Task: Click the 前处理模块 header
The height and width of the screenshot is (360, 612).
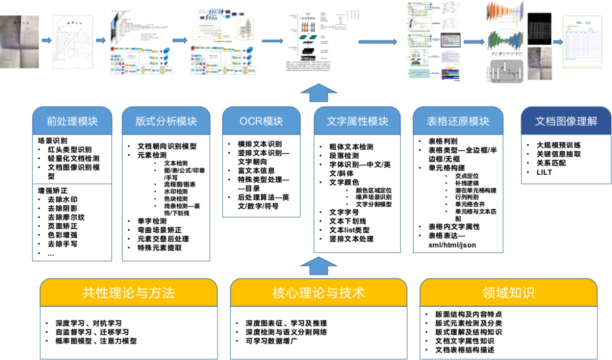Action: [72, 121]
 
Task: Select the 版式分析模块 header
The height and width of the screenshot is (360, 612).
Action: [166, 121]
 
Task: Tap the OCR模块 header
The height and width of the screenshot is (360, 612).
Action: [261, 121]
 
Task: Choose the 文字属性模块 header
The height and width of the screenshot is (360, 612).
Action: [357, 121]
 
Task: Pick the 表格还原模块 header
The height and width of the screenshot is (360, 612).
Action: [458, 121]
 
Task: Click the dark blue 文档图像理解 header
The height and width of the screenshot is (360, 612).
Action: [566, 121]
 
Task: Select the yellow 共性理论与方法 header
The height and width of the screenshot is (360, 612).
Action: [129, 293]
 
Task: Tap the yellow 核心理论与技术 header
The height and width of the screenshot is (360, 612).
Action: [318, 293]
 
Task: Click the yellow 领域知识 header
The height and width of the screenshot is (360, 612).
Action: [508, 293]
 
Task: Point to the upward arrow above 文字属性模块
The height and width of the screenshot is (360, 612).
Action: [318, 92]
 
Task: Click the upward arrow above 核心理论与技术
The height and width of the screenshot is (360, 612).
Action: [318, 265]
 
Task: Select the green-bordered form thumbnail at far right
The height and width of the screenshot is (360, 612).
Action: [582, 42]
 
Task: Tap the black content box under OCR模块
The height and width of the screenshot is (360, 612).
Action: [261, 176]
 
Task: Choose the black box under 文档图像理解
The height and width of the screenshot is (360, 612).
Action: [566, 159]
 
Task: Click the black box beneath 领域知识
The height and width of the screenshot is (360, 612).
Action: [508, 333]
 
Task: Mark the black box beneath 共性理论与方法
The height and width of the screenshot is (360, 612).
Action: [129, 333]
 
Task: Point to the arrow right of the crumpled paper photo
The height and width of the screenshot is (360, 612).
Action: [46, 40]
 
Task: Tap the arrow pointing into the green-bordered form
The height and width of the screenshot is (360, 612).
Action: [558, 42]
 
